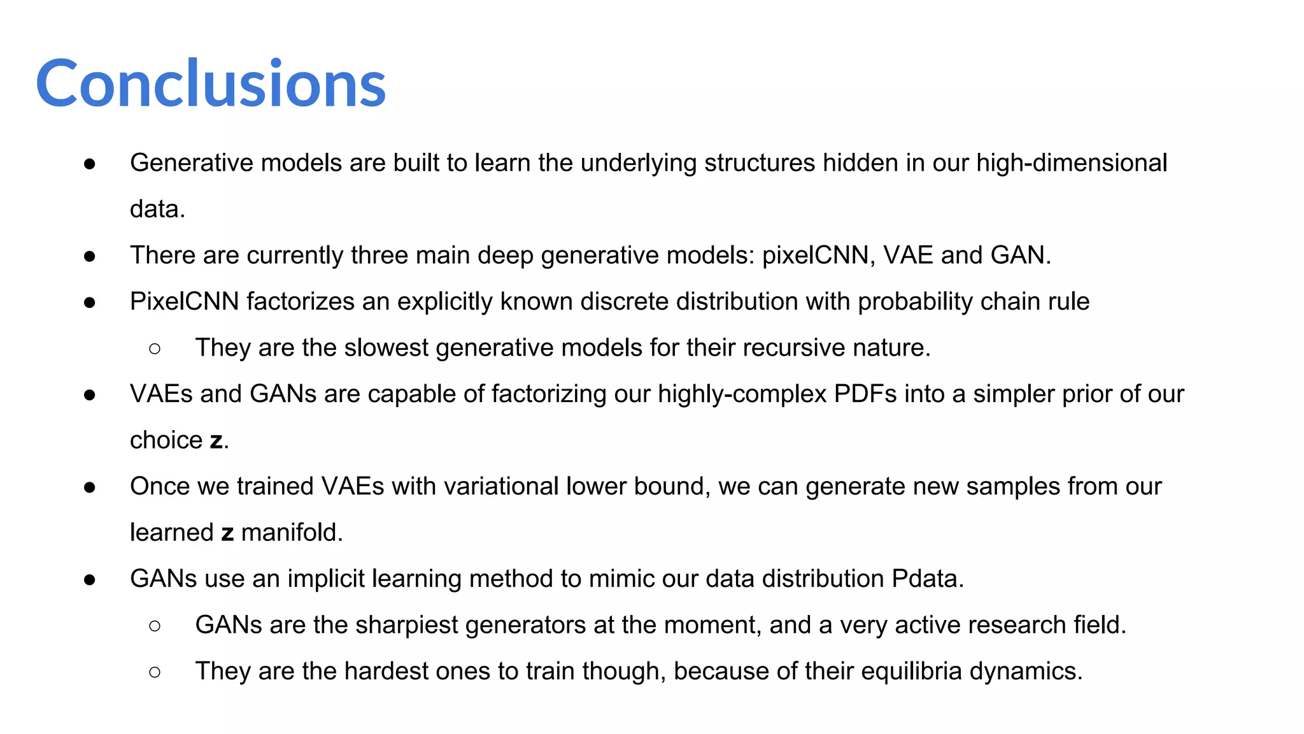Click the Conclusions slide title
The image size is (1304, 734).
[x=211, y=83]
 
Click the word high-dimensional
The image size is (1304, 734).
[x=1072, y=163]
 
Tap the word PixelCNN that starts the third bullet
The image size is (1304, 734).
[x=184, y=301]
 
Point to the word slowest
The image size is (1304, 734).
[x=386, y=348]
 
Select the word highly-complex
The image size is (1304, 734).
[x=742, y=394]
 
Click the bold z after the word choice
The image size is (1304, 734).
[x=216, y=441]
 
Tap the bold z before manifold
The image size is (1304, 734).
[x=227, y=533]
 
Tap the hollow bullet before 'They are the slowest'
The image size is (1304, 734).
[x=155, y=349]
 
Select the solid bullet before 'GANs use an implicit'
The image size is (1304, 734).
[x=90, y=580]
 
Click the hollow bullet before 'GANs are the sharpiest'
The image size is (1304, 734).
[x=155, y=626]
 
